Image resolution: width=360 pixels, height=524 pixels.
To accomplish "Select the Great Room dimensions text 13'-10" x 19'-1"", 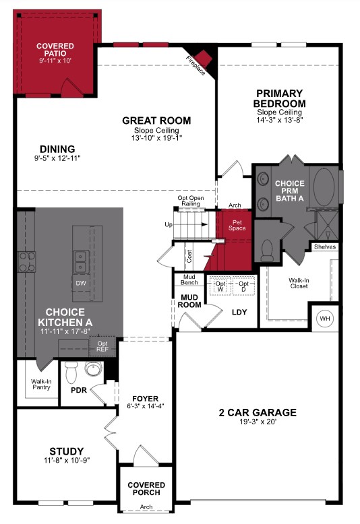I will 156,138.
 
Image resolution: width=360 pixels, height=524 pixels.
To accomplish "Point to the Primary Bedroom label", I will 279,98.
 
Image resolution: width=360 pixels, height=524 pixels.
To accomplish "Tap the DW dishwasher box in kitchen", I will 81,283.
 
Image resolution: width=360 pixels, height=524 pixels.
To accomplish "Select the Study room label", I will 67,451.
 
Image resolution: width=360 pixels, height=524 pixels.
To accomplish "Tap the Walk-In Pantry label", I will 41,384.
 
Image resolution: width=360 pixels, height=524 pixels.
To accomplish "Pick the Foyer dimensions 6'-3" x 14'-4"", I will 145,406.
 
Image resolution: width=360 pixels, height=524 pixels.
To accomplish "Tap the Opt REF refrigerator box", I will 102,347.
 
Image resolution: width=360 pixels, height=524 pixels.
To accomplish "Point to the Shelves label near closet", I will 324,247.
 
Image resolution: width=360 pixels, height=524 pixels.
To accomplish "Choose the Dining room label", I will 57,150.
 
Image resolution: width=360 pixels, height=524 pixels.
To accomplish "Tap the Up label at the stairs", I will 167,224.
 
